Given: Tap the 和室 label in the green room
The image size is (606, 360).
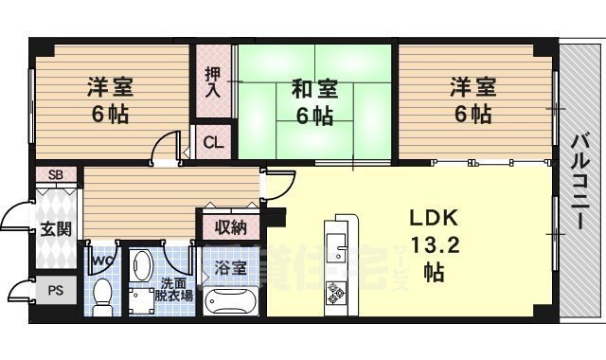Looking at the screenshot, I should pyautogui.click(x=312, y=91).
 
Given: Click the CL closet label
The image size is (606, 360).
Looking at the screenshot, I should pyautogui.click(x=214, y=143).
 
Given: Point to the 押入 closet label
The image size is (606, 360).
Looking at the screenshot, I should pyautogui.click(x=214, y=81).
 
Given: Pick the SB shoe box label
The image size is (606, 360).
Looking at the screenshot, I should pyautogui.click(x=56, y=175).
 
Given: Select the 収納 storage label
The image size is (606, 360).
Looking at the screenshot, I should pyautogui.click(x=230, y=227).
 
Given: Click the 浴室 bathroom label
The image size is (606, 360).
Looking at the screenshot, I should pyautogui.click(x=230, y=268).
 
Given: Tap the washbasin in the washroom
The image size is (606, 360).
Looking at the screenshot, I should pyautogui.click(x=143, y=264).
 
